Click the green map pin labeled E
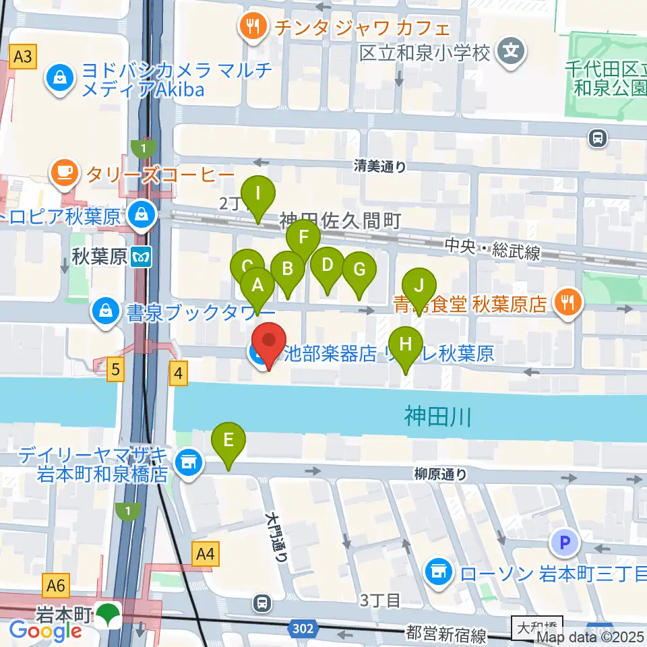coord(228,441)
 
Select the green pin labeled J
coord(419,286)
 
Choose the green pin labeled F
coord(303,238)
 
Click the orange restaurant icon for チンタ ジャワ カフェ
coord(253,27)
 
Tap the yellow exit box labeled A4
coord(206,555)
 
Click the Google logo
coord(45,631)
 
